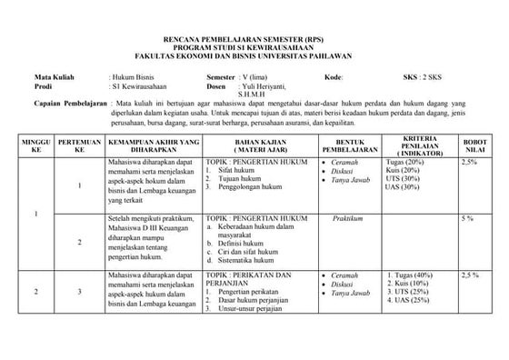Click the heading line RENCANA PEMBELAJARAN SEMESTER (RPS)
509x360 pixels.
pyautogui.click(x=254, y=42)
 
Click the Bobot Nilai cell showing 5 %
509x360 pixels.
pyautogui.click(x=468, y=219)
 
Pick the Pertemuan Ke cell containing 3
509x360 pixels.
pyautogui.click(x=79, y=292)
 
